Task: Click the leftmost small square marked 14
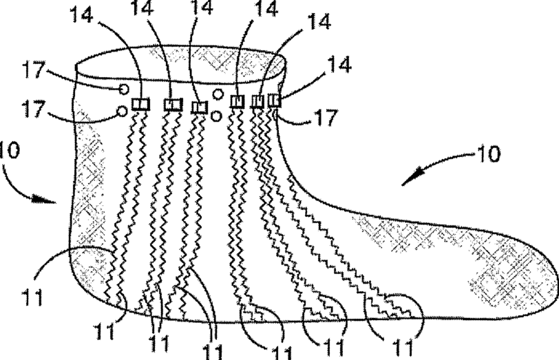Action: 140,104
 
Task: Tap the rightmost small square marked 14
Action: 274,101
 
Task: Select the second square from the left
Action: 171,104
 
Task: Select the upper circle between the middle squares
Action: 218,94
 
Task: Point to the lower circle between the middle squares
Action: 216,116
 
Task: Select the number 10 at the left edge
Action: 6,150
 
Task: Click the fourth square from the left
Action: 238,102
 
